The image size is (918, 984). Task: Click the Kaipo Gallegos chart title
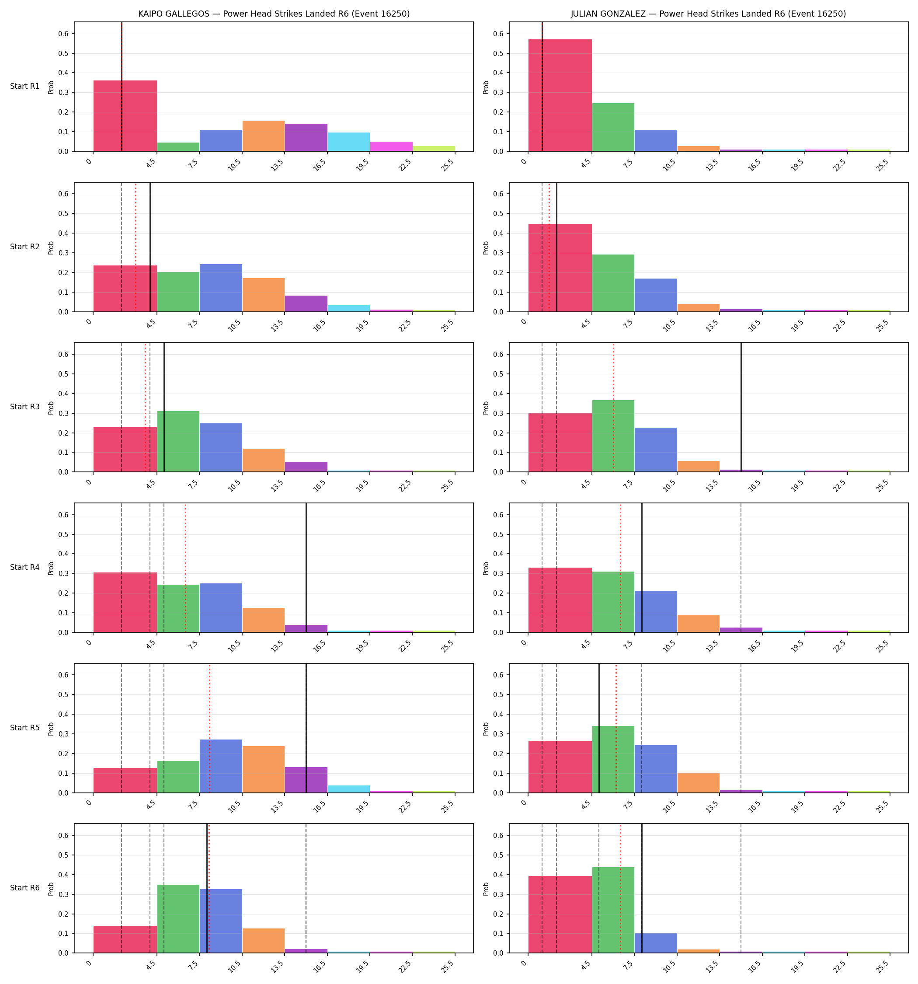tap(274, 14)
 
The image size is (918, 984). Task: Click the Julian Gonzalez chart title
tap(709, 14)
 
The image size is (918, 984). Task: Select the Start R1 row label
tap(25, 86)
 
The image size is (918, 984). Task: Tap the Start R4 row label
tap(25, 567)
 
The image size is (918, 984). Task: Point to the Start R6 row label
tap(25, 888)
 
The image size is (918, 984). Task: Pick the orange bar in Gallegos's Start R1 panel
tap(263, 136)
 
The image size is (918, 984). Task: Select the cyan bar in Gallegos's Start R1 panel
tap(348, 142)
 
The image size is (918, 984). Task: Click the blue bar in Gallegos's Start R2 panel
tap(221, 288)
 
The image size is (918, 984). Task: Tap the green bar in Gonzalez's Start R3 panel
tap(613, 436)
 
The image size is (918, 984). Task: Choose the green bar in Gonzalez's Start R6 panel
tap(613, 910)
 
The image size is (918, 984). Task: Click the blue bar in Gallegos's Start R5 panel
tap(221, 766)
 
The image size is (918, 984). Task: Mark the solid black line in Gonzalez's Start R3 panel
tap(741, 407)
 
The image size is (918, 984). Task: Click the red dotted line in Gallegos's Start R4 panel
tap(186, 568)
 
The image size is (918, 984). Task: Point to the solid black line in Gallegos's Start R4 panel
tap(306, 568)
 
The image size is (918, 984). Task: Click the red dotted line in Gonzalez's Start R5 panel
tap(616, 728)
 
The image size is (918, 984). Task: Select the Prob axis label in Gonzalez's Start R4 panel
tap(486, 568)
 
